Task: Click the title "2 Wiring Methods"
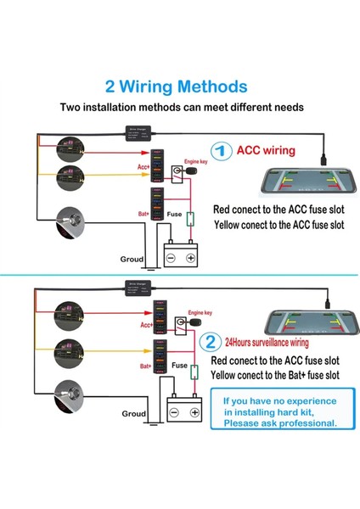[x=176, y=87]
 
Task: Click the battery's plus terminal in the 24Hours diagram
[x=194, y=412]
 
